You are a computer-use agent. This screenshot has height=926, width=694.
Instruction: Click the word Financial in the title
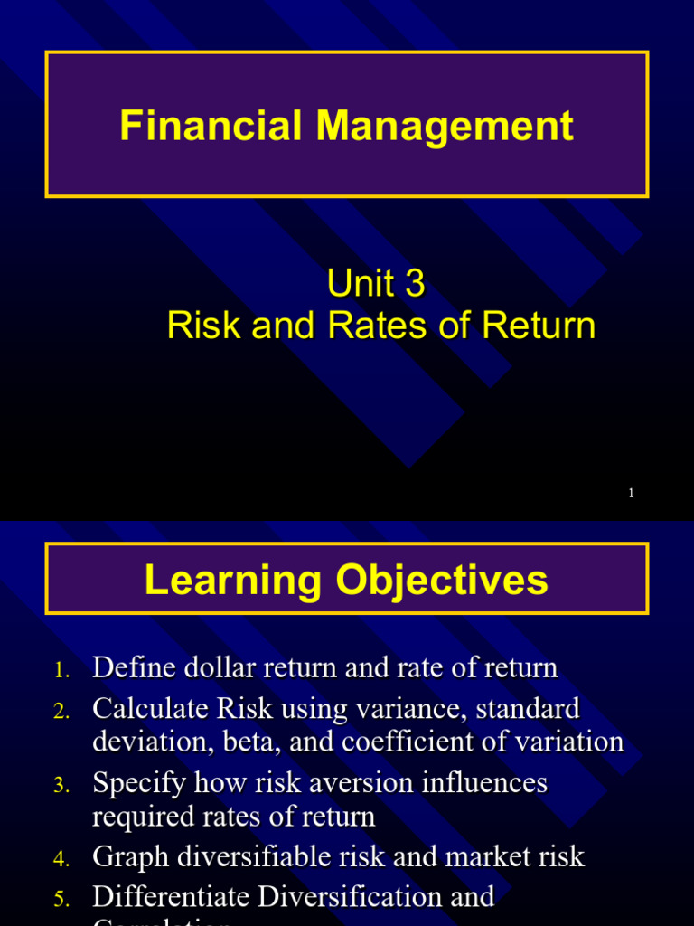211,126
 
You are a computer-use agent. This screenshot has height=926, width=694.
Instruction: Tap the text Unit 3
375,284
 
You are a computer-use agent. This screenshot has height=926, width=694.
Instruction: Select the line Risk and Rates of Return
381,326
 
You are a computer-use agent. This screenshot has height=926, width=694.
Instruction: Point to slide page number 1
630,493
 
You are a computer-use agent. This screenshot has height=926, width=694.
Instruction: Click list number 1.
61,671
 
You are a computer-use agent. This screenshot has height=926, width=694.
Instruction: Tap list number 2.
61,712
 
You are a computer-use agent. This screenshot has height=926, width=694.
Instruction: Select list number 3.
61,786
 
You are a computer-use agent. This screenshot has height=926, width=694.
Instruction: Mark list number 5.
61,900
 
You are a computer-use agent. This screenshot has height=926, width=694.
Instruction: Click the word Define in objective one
134,668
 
